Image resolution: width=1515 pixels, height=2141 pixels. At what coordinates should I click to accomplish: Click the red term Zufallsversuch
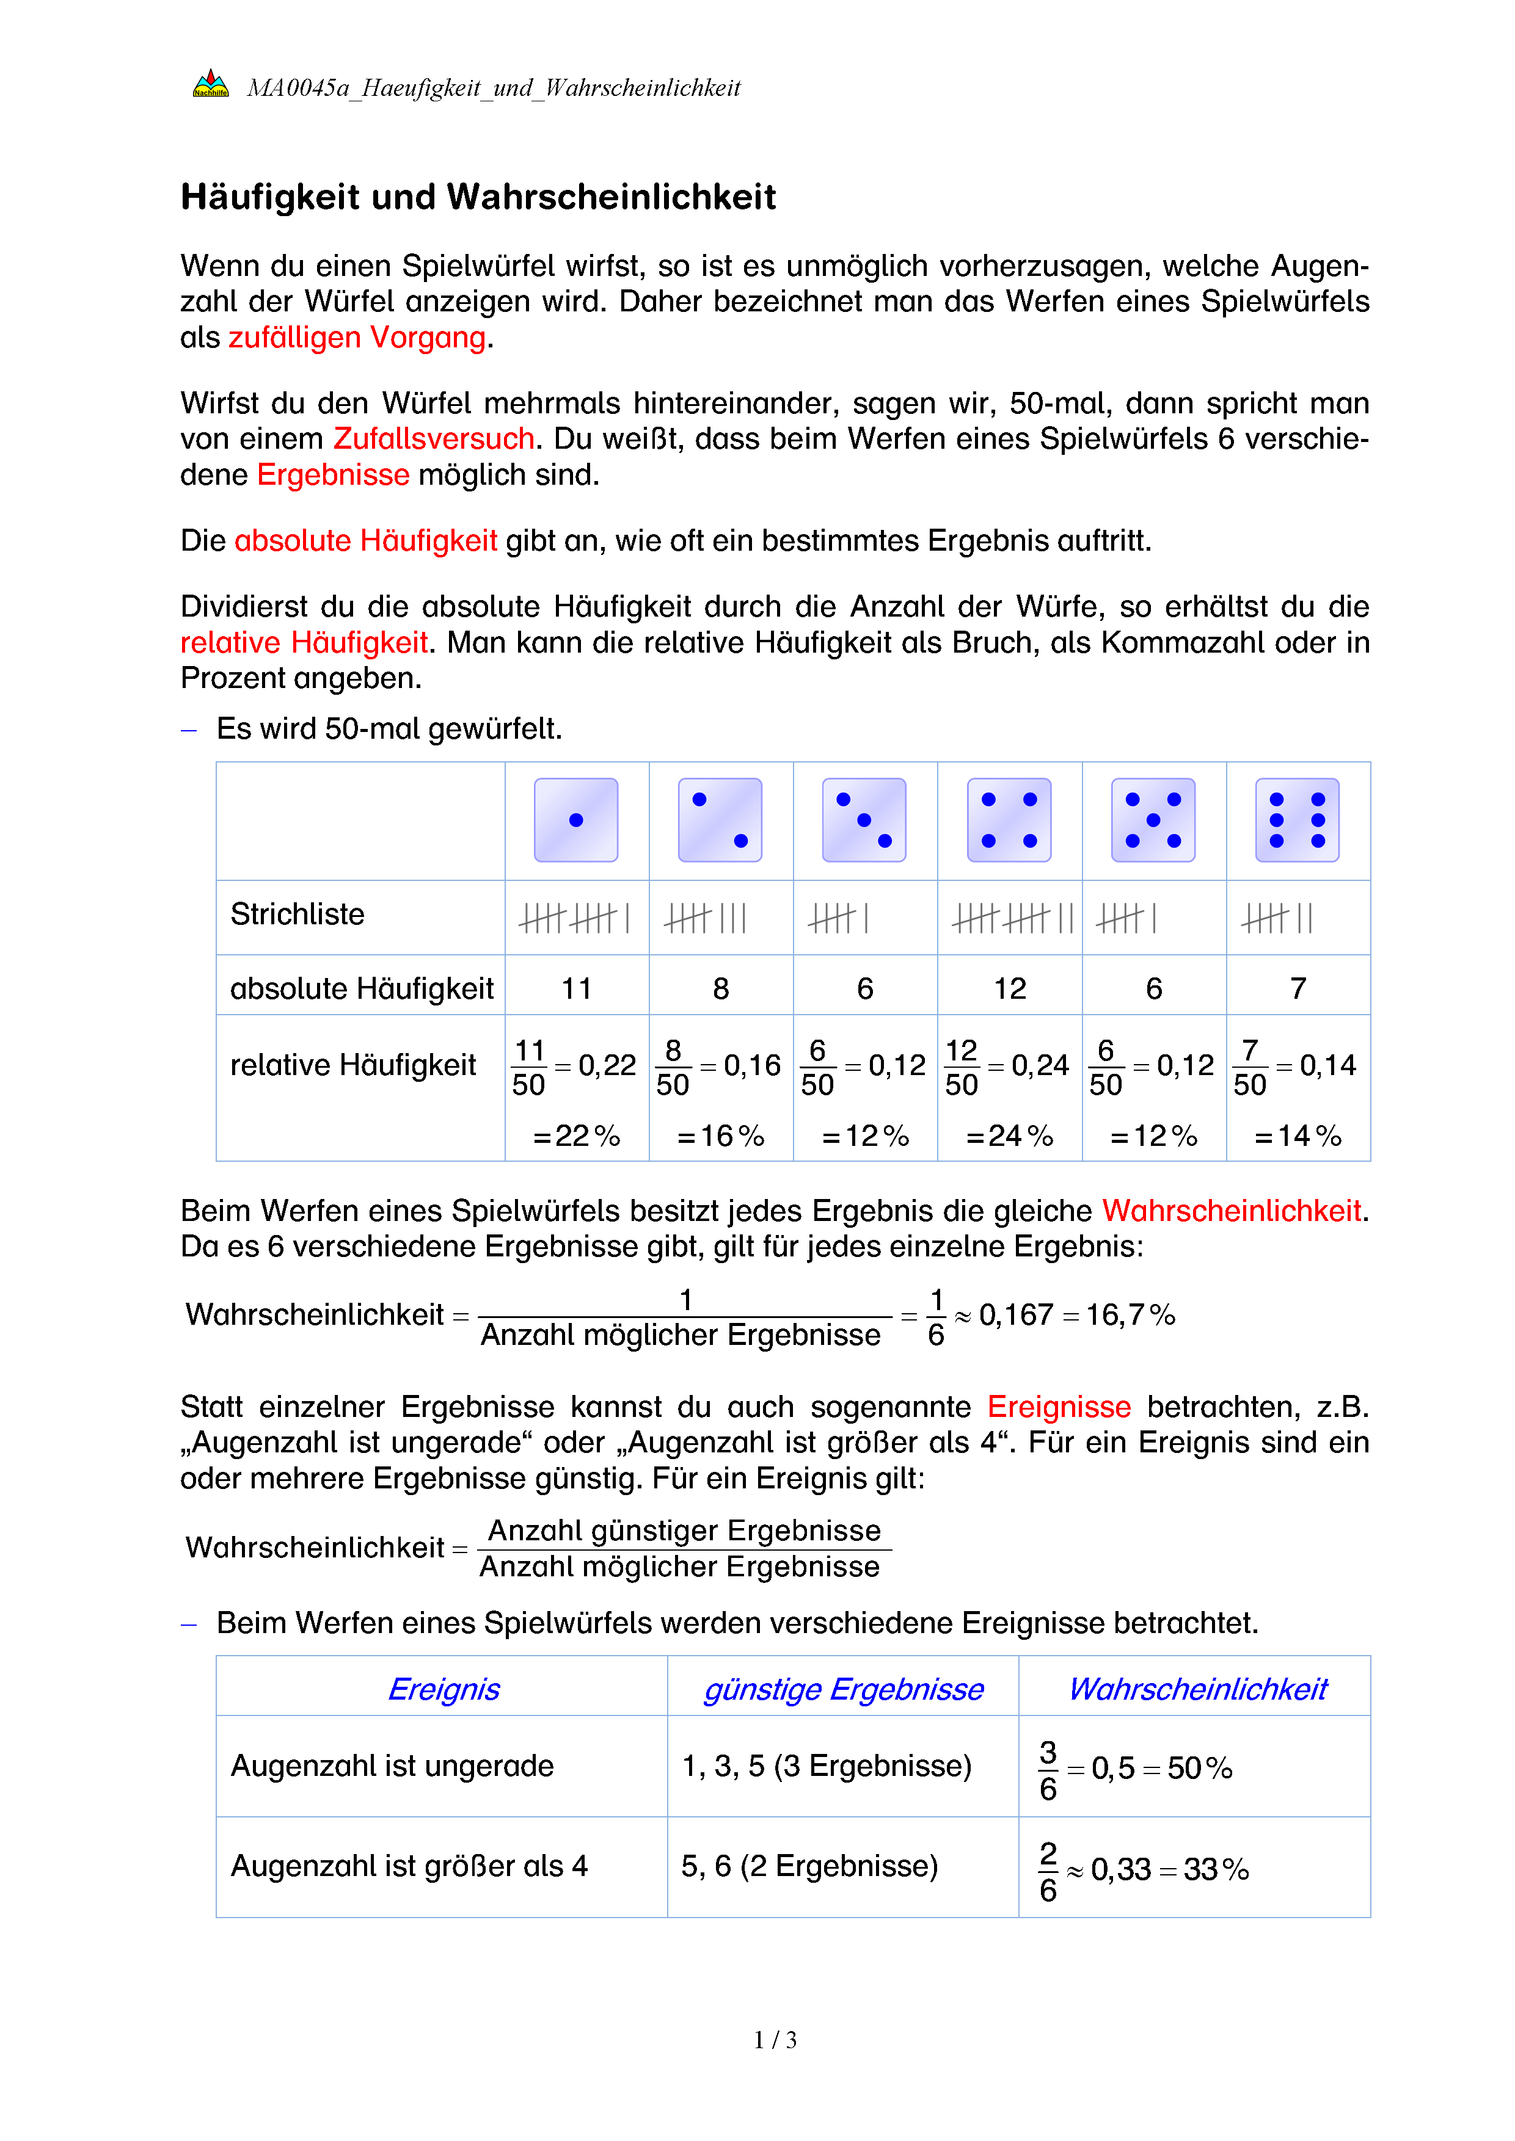coord(434,438)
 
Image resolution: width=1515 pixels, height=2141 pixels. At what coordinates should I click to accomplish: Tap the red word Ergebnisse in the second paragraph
coord(333,474)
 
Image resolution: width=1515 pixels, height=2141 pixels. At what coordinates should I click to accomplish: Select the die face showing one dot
coord(575,820)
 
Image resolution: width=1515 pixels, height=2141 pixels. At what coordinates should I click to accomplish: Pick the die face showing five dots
coord(1153,820)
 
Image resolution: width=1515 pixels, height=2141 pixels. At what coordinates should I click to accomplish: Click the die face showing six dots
coord(1297,820)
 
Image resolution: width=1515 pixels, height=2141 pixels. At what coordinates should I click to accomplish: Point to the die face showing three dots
coord(864,820)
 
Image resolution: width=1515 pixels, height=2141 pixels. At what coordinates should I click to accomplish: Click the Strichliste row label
coord(298,914)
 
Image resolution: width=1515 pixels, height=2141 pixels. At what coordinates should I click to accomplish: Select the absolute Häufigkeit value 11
coord(577,988)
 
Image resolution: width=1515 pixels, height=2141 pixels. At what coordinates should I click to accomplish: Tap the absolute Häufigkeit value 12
coord(1009,988)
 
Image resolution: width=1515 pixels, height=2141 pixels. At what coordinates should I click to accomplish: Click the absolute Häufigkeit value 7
coord(1298,988)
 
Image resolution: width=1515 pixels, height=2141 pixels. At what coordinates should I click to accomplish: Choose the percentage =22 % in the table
coord(577,1136)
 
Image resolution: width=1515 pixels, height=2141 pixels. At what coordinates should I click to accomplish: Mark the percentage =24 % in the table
coord(1009,1136)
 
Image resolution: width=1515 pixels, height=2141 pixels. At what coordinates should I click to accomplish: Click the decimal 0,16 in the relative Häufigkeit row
coord(752,1065)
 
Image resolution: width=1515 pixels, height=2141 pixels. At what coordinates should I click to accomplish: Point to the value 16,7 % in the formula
coord(1130,1315)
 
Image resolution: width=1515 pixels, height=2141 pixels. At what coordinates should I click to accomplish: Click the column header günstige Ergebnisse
coord(843,1689)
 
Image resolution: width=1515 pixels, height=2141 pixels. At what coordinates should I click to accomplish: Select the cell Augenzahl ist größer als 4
coord(409,1866)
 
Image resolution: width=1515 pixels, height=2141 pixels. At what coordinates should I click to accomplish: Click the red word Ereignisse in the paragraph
coord(1059,1406)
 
